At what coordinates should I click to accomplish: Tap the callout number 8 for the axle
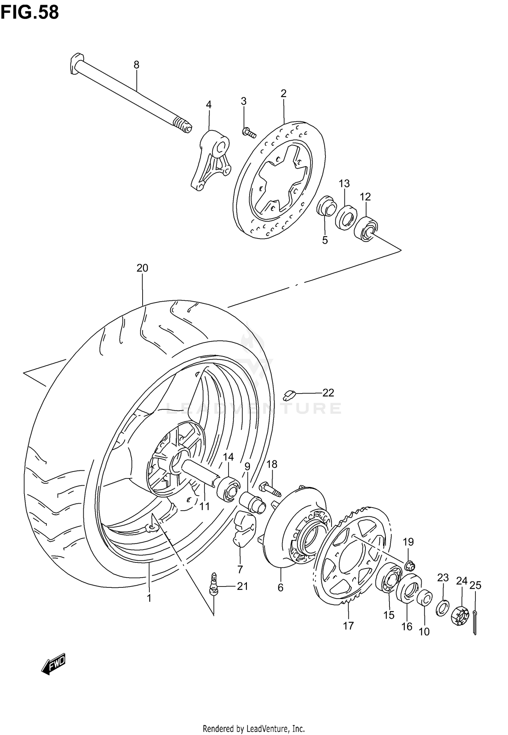pos(136,65)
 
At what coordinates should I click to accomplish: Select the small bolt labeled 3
pos(249,133)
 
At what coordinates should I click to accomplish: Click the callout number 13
pos(344,184)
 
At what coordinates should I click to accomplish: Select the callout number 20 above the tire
pos(142,268)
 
